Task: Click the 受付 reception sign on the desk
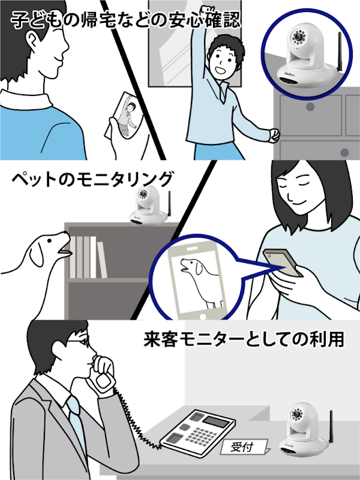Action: [x=244, y=447]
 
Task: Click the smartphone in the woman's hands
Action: [x=283, y=263]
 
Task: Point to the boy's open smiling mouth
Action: [x=220, y=70]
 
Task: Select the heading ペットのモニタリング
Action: [x=92, y=179]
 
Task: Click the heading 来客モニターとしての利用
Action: [x=244, y=339]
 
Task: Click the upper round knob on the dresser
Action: [x=310, y=107]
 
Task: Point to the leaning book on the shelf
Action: [x=102, y=260]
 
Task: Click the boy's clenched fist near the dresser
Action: [x=275, y=135]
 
